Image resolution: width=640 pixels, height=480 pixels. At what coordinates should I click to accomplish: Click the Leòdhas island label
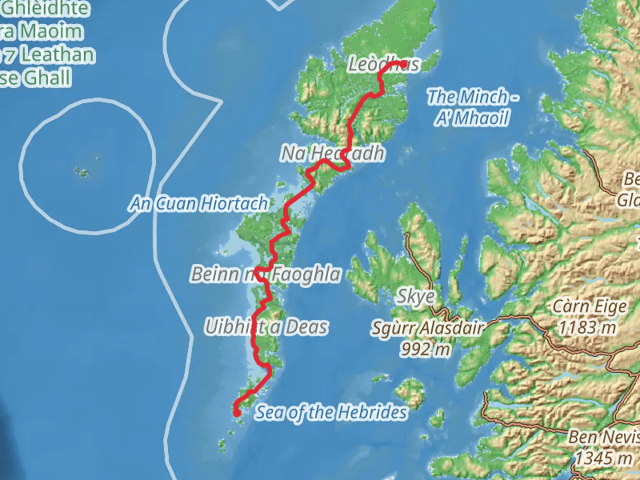pyautogui.click(x=384, y=65)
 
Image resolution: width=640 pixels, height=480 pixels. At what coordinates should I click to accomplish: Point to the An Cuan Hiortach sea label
pyautogui.click(x=198, y=204)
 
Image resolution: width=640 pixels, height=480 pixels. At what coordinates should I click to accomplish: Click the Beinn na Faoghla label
pyautogui.click(x=266, y=274)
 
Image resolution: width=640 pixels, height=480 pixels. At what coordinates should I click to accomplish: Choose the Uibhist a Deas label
pyautogui.click(x=266, y=326)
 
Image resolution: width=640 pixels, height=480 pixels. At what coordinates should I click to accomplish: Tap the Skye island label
pyautogui.click(x=416, y=297)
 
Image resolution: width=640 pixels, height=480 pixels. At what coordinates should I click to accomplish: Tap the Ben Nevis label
pyautogui.click(x=600, y=438)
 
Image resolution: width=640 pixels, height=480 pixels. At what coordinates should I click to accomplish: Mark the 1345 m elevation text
pyautogui.click(x=606, y=458)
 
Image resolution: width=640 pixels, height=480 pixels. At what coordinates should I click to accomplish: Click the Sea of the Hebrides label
pyautogui.click(x=331, y=413)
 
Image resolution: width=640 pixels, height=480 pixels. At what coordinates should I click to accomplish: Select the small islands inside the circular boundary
pyautogui.click(x=82, y=171)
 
